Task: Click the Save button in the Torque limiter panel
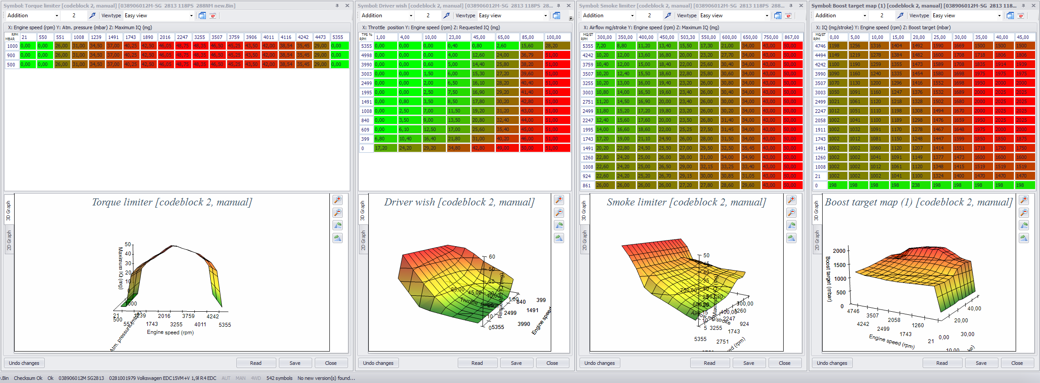(295, 363)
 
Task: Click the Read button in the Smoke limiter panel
(709, 363)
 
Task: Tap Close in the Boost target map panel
(1017, 363)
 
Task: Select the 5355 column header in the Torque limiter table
(338, 37)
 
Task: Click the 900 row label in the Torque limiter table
(11, 55)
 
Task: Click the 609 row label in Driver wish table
(365, 130)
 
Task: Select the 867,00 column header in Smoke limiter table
(792, 37)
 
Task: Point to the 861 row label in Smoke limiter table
(587, 186)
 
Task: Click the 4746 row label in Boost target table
(820, 46)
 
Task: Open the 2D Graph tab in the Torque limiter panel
(9, 240)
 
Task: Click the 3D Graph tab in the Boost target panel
(817, 211)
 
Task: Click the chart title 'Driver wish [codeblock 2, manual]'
(459, 202)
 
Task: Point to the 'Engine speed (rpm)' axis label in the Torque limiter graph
(170, 333)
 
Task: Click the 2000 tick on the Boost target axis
(839, 251)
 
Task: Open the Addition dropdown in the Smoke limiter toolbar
(608, 15)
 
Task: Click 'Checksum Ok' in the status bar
(28, 378)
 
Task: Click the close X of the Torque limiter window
(347, 6)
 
